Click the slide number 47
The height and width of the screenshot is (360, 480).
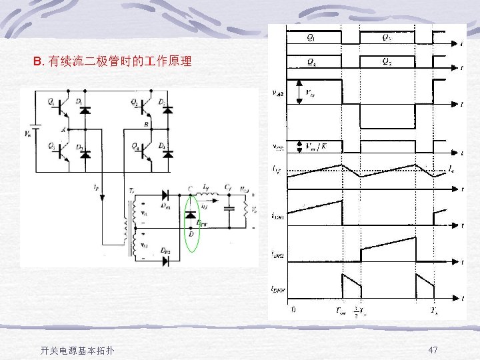coord(433,350)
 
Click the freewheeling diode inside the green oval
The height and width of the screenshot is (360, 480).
coord(191,215)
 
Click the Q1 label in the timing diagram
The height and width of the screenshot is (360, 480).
coord(311,38)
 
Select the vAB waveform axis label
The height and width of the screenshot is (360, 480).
coord(279,93)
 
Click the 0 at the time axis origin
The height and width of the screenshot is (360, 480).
coord(294,309)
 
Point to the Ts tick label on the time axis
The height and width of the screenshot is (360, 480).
coord(434,311)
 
